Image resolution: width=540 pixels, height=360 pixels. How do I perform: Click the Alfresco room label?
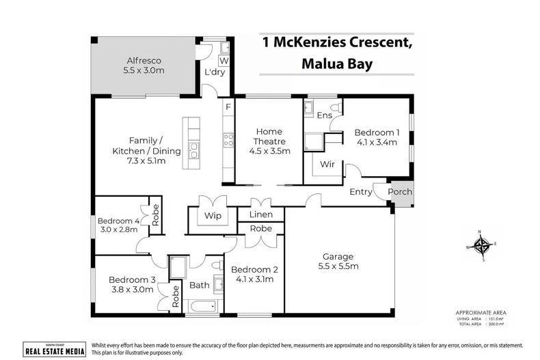(138, 64)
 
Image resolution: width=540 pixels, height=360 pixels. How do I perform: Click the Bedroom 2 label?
(254, 273)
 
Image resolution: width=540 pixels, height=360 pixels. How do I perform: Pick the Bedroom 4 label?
(118, 225)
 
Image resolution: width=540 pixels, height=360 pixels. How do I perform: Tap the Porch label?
(401, 192)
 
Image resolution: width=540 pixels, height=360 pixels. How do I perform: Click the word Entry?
(361, 192)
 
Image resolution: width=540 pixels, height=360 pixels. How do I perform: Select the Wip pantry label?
(210, 215)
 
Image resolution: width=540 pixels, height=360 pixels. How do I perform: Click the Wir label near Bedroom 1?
(327, 164)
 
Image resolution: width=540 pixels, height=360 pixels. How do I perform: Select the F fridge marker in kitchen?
(228, 107)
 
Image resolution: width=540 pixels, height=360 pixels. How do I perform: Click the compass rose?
(483, 246)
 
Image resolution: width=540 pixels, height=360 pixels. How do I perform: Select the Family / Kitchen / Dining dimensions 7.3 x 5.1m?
(137, 161)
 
